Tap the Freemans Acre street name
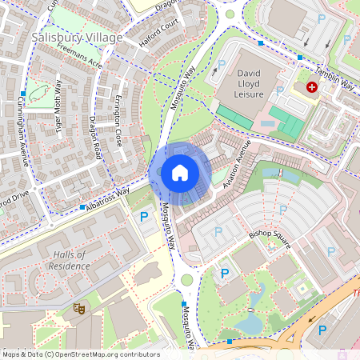click(x=80, y=55)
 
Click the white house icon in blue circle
click(x=179, y=172)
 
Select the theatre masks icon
click(x=79, y=307)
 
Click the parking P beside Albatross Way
click(x=144, y=216)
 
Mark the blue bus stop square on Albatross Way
click(x=83, y=207)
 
